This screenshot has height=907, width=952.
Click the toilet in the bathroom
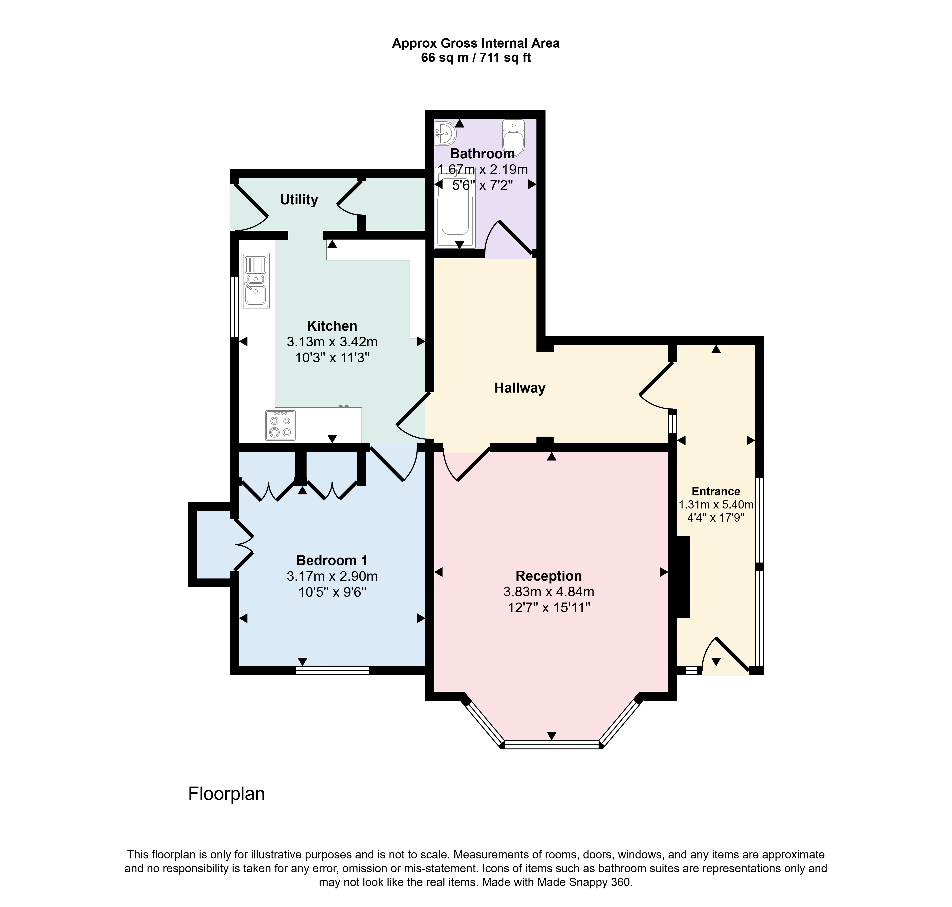tap(513, 138)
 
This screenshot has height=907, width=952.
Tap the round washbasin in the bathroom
tap(446, 133)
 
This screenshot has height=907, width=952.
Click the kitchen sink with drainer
tap(256, 281)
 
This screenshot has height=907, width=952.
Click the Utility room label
tap(299, 200)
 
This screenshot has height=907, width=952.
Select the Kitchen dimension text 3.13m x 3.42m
tap(332, 342)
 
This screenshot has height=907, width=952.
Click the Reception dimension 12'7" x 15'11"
tap(549, 607)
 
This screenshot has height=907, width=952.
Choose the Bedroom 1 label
tap(332, 560)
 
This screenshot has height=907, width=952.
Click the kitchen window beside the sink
tap(234, 307)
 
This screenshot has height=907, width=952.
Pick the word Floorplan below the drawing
tap(227, 794)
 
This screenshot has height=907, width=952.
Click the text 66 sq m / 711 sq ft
tap(476, 58)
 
